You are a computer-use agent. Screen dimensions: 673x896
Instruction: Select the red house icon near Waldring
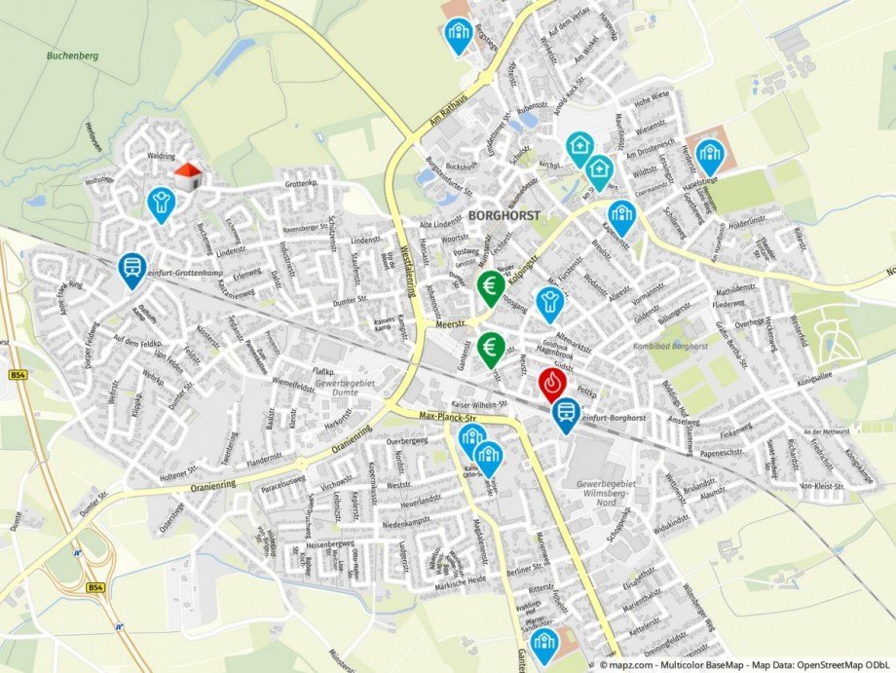187,176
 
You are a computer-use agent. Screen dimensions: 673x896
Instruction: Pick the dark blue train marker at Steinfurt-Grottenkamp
131,269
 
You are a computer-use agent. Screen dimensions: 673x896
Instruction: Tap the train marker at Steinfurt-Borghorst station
565,414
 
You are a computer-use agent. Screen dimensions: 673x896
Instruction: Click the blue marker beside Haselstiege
709,153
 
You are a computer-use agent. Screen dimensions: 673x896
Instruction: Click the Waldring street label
161,155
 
